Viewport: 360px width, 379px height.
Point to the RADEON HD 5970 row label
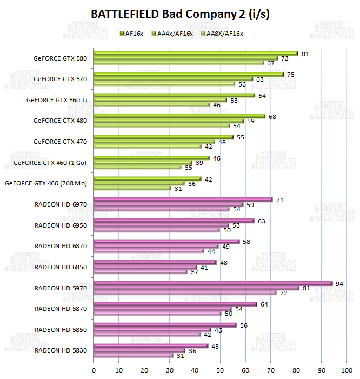[61, 288]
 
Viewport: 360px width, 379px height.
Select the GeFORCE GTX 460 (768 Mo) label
[46, 183]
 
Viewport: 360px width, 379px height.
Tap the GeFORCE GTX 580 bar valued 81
[196, 53]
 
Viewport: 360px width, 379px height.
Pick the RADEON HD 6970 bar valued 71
[183, 200]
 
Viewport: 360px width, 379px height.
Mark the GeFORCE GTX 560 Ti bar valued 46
[151, 105]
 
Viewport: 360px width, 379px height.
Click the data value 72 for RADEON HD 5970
[283, 292]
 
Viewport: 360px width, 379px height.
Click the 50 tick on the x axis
[220, 370]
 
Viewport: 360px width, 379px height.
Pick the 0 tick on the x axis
[94, 370]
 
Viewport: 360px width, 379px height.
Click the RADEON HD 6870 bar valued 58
[166, 241]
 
